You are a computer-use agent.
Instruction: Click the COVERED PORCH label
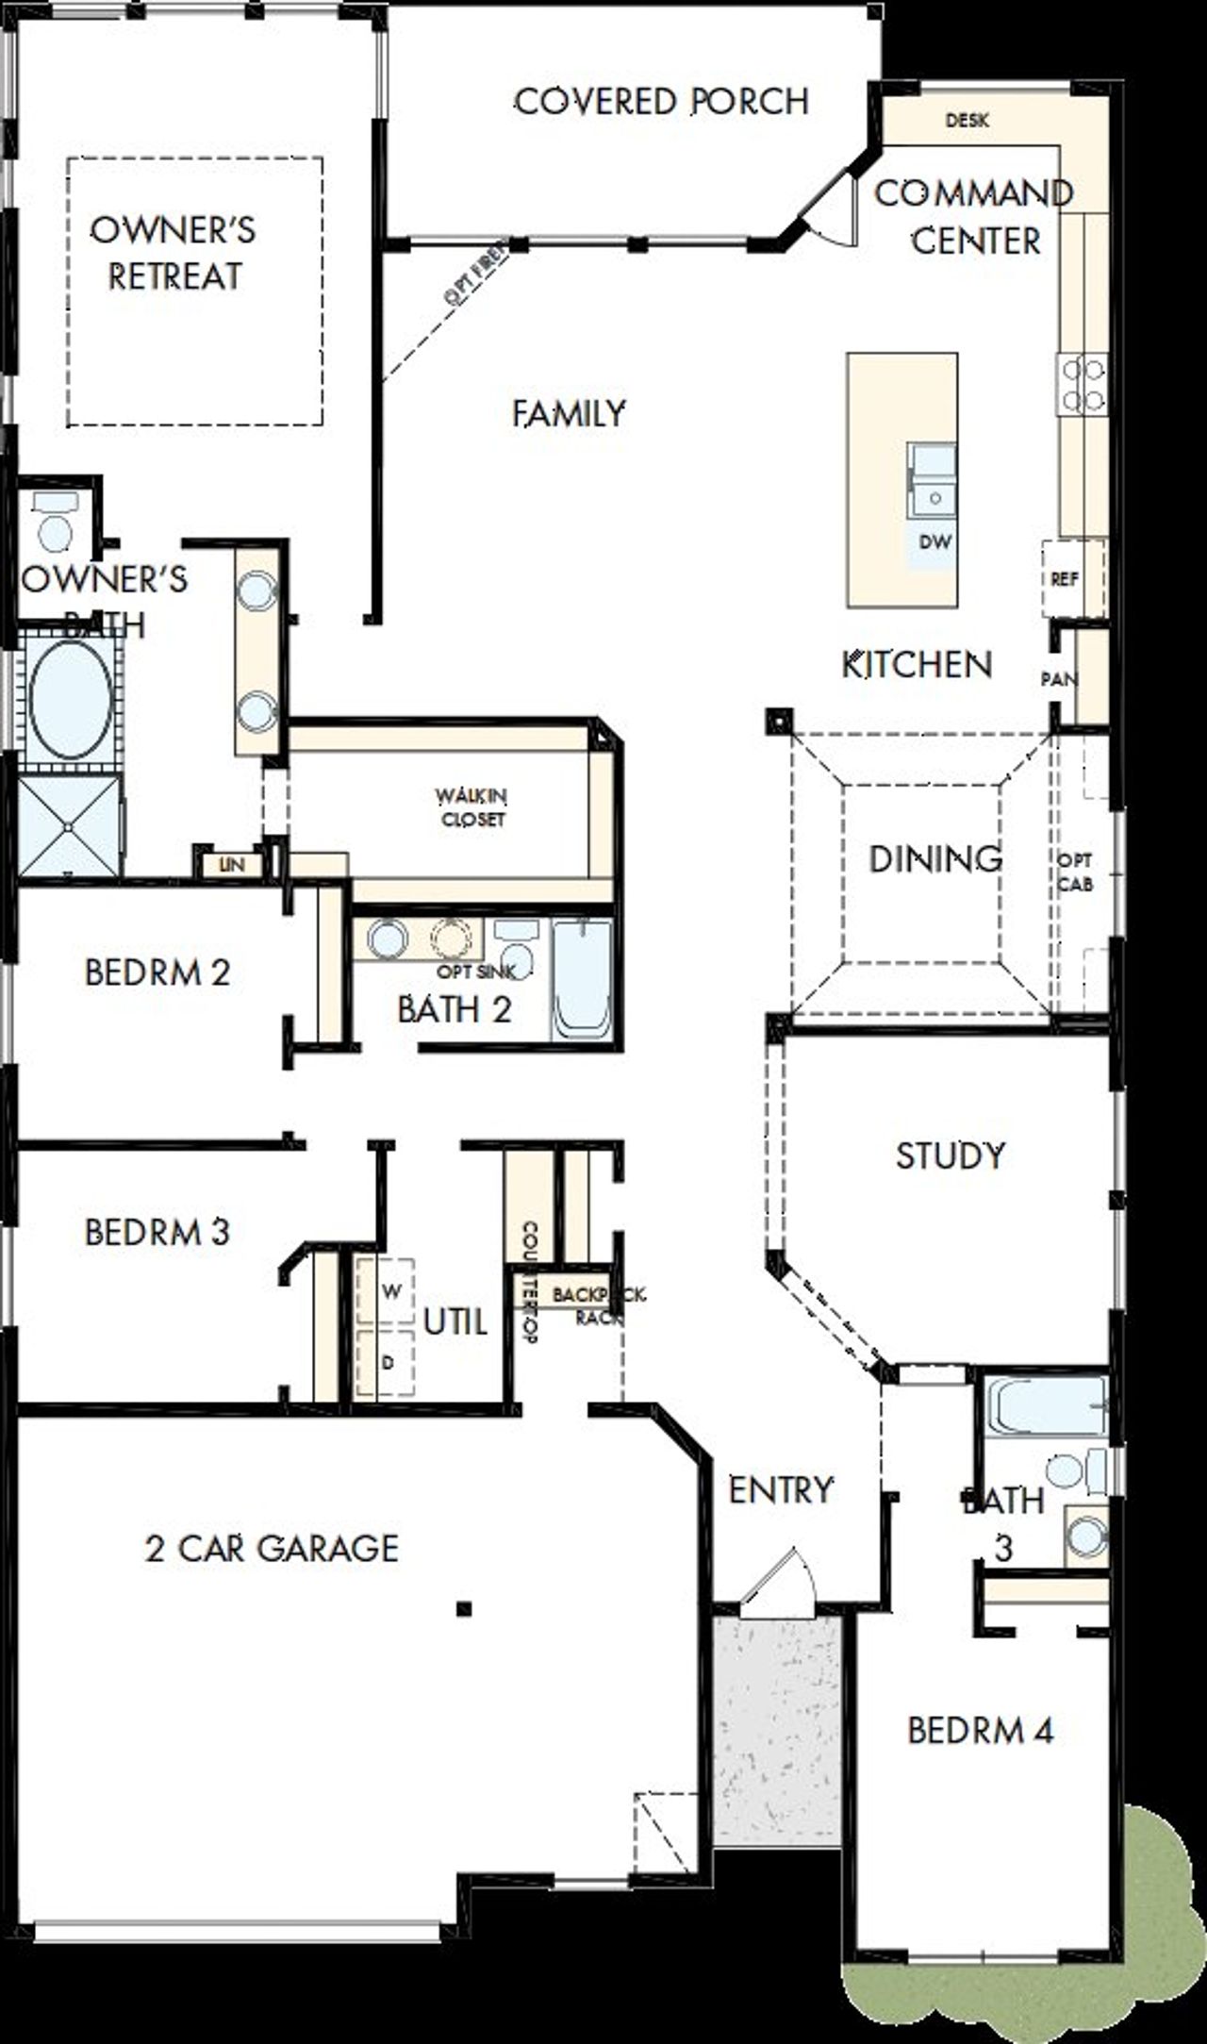coord(661,101)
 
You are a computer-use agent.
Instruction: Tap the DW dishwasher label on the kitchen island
coord(934,542)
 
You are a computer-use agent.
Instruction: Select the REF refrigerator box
coord(1066,578)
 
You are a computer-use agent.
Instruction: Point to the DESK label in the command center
coord(967,121)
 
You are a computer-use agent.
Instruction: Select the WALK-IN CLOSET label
coord(473,807)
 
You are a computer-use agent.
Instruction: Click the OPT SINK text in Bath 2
coord(476,971)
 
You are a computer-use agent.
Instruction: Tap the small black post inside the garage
coord(463,1608)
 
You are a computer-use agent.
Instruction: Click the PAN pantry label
coord(1057,678)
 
